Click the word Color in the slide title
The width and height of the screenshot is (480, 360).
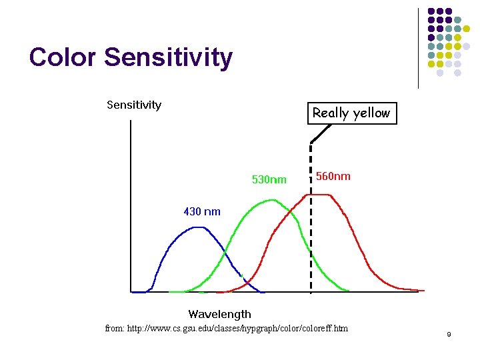[x=63, y=57]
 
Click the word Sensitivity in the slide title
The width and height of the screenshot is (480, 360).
[x=168, y=57]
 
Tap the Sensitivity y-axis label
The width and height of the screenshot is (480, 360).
[x=134, y=105]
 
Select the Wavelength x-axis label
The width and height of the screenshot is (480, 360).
[x=219, y=314]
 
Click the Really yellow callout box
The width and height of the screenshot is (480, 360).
[x=351, y=113]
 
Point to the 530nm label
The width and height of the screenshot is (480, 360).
[x=269, y=179]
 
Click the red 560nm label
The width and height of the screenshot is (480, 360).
[x=333, y=177]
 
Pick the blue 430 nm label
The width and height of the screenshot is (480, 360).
[x=201, y=212]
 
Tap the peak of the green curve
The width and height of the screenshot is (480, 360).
[x=271, y=200]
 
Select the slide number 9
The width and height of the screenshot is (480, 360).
[x=449, y=334]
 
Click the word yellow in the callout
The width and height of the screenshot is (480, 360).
[x=370, y=113]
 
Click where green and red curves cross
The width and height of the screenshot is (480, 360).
[x=291, y=215]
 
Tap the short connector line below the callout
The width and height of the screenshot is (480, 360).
[x=321, y=133]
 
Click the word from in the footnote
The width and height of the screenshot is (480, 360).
[x=115, y=329]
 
